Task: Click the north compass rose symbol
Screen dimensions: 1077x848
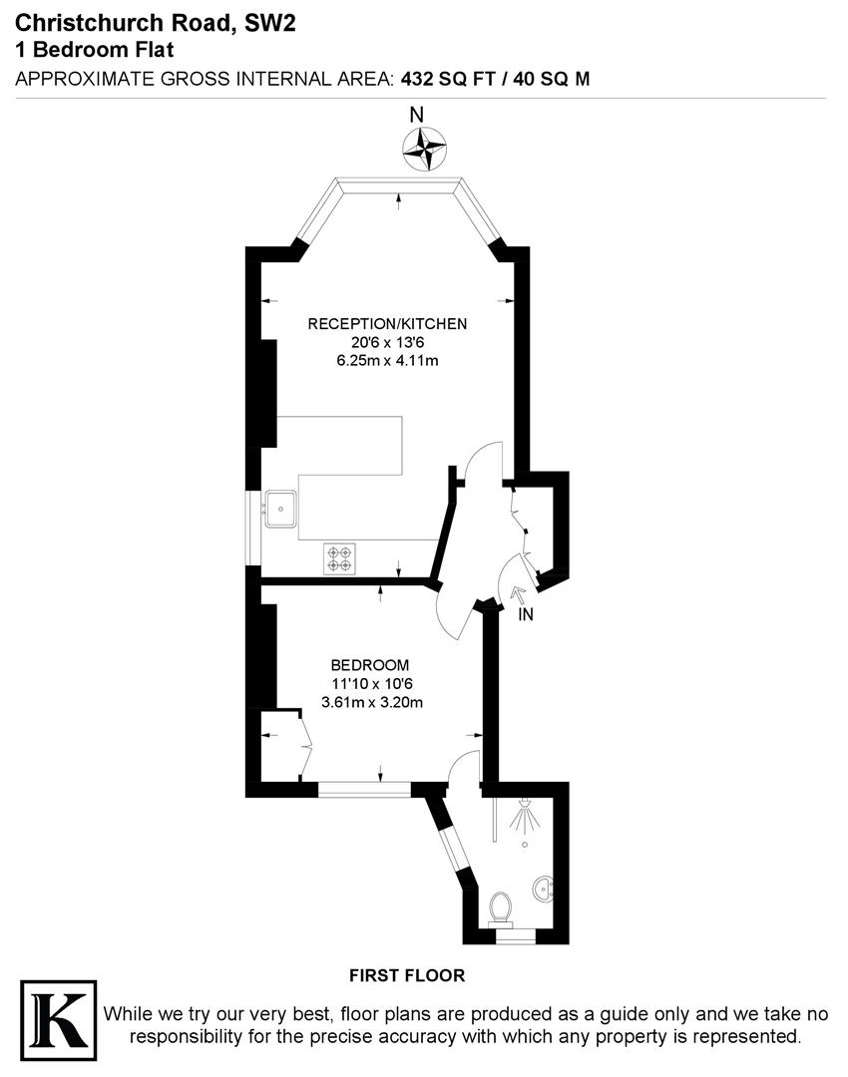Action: point(423,150)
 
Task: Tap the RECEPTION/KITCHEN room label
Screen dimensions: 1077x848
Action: point(387,324)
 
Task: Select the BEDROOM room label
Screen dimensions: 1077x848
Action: point(370,665)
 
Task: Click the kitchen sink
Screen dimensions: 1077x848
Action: point(282,510)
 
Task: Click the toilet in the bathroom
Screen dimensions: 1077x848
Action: point(502,907)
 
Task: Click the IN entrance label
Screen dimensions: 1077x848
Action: point(526,615)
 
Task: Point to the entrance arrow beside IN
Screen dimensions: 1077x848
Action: point(516,595)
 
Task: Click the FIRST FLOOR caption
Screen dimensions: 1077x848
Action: point(407,975)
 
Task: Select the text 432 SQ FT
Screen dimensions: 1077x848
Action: point(451,79)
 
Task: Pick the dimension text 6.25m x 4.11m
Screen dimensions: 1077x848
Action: point(387,360)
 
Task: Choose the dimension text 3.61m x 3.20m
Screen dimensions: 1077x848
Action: point(371,702)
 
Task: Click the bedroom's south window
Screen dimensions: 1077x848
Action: point(364,790)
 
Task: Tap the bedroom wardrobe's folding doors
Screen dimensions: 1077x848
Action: point(303,746)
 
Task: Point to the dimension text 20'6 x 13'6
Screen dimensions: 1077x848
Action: point(387,342)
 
